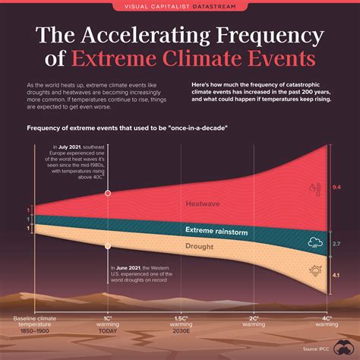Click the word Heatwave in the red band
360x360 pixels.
(x=201, y=204)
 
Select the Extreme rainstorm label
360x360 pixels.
(x=216, y=230)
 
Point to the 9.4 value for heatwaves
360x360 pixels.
(x=337, y=186)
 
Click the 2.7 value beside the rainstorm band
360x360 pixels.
(x=337, y=243)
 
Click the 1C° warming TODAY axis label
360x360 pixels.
(x=109, y=324)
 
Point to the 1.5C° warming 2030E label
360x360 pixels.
(x=181, y=324)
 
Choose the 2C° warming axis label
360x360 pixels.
(x=254, y=321)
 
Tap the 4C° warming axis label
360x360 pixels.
(x=325, y=321)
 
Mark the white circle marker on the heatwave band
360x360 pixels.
(x=109, y=194)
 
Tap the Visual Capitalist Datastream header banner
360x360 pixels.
(x=180, y=8)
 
